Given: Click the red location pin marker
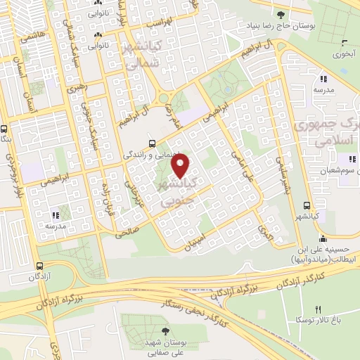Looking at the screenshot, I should point(181,167).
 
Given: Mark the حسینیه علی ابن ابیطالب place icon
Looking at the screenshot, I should point(322,237).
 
